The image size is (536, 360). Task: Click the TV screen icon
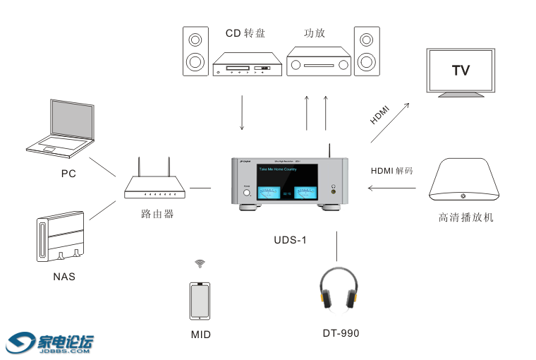tap(461, 71)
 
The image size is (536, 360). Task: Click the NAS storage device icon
tap(61, 239)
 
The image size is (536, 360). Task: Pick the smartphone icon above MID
tap(200, 301)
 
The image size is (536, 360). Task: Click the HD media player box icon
tap(465, 181)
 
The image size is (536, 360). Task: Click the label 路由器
tap(157, 213)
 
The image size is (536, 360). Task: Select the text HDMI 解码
tap(391, 171)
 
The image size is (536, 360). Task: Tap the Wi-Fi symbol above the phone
tap(200, 264)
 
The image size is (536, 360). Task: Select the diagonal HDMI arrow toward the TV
tap(389, 121)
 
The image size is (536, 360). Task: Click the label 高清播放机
tap(465, 217)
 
